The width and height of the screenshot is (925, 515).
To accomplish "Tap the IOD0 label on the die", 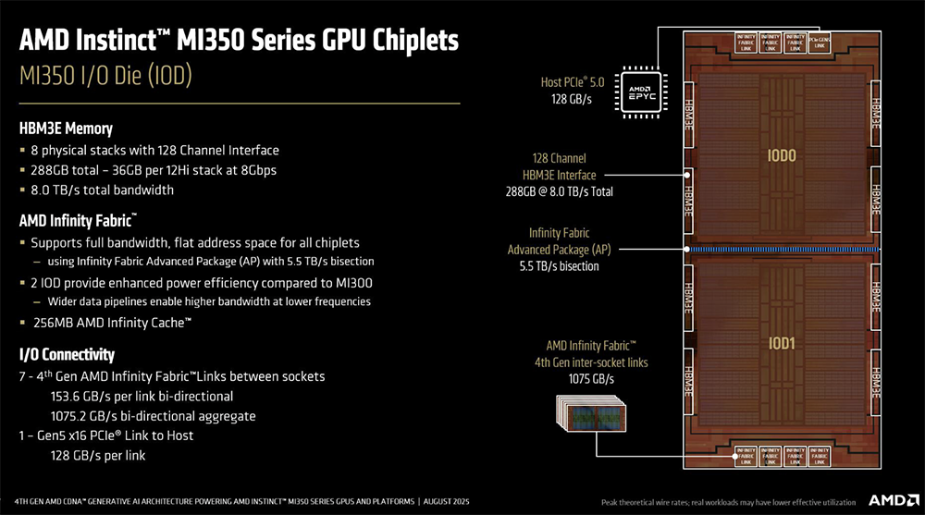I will (x=782, y=156).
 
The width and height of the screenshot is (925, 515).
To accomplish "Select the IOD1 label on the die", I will (x=782, y=343).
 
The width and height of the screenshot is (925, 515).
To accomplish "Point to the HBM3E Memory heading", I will (x=65, y=129).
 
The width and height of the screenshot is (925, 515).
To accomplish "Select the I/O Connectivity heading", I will (x=67, y=354).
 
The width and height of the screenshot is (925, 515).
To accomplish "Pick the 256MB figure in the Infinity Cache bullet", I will (x=54, y=323).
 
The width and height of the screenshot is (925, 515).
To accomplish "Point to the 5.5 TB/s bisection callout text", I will (x=559, y=266).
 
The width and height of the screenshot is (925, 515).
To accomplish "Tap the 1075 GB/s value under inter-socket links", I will (x=591, y=379).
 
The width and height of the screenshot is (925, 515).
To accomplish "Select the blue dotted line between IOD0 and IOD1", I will (x=782, y=251).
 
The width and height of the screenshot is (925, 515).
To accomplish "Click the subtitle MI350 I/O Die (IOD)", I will (x=105, y=77).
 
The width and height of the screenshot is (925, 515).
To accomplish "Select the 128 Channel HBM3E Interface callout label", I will (x=559, y=166).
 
